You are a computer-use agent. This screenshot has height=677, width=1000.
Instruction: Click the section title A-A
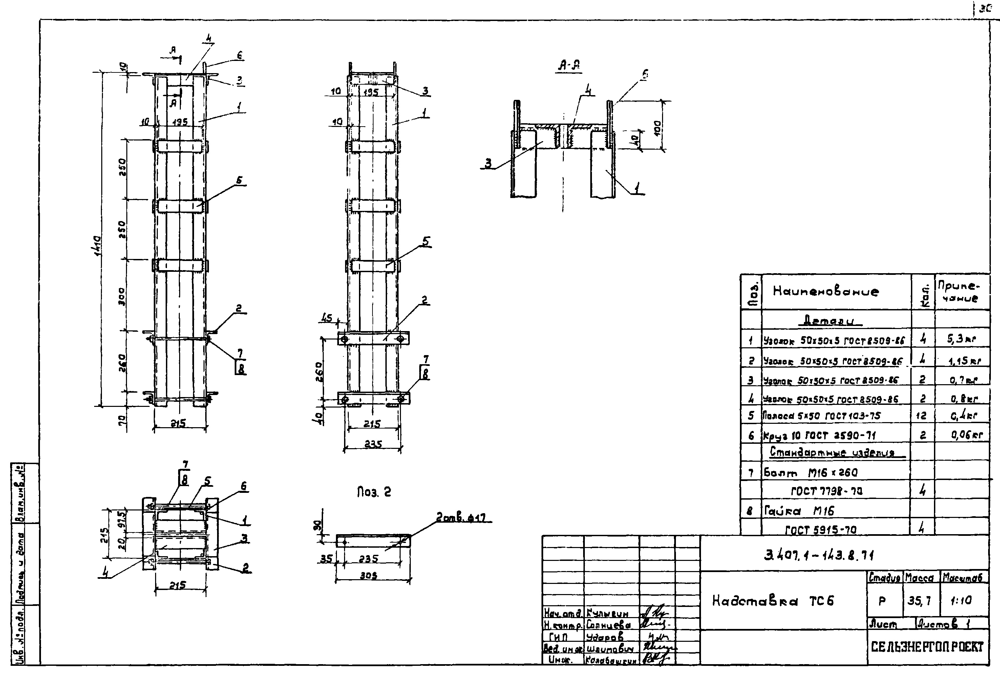tap(569, 66)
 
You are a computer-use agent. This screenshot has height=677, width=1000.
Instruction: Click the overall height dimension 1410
tap(97, 246)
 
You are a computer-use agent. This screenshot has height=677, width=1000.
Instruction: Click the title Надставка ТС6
tap(773, 600)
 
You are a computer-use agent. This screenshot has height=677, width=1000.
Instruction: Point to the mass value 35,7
tap(919, 600)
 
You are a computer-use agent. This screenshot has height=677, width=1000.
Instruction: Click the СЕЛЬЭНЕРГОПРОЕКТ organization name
tap(927, 647)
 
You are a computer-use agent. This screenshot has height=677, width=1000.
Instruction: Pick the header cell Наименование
tap(826, 291)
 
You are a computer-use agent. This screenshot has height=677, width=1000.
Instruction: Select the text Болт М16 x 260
tap(811, 473)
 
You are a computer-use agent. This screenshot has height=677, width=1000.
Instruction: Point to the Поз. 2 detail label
tap(374, 492)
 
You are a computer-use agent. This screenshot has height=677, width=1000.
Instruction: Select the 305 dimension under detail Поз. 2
tap(369, 575)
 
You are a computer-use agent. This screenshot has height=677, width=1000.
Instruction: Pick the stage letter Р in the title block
tap(882, 601)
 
